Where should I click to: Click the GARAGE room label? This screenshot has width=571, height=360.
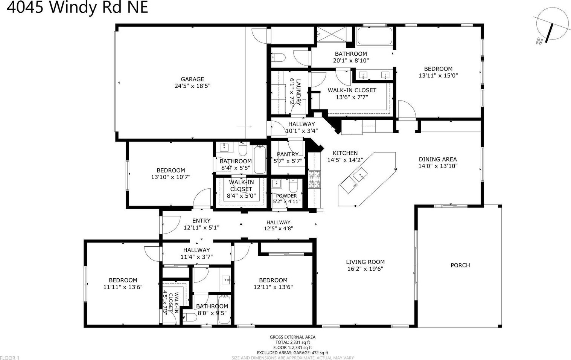point(192,79)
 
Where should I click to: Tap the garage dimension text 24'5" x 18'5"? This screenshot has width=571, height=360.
point(192,86)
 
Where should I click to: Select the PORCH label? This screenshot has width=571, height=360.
point(460,265)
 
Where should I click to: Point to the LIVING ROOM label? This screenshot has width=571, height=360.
point(365,262)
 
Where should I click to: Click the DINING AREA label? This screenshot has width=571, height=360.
point(438,159)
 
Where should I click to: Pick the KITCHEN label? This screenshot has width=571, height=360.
point(345,153)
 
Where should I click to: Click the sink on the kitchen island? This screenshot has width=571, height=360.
point(360,175)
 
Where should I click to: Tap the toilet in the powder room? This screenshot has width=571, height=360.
point(293,186)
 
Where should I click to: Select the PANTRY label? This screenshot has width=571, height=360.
point(288,154)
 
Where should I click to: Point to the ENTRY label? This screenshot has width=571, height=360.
point(201,221)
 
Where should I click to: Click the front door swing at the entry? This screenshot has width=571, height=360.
point(171,224)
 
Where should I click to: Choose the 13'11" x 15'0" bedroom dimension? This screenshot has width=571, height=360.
point(438,75)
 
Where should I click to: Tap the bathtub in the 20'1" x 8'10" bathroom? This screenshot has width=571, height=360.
point(375,36)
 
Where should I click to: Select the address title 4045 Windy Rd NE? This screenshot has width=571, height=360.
point(77,7)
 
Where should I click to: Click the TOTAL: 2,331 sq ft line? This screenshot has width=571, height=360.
point(292,342)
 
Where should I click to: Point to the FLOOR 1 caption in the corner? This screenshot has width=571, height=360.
point(10,358)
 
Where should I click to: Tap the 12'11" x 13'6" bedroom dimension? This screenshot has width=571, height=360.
point(273,287)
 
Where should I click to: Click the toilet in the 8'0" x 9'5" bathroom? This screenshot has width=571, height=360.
point(190,317)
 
